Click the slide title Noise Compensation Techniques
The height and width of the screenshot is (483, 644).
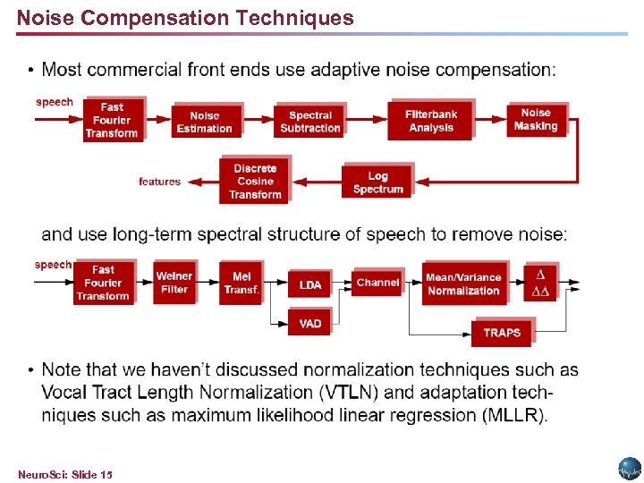tap(185, 18)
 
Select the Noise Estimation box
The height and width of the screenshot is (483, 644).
tap(204, 122)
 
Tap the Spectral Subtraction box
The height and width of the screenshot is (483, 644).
tap(309, 122)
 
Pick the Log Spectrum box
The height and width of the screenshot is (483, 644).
tap(377, 182)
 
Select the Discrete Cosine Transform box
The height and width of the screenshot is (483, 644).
tap(255, 181)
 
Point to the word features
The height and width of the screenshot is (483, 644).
tap(159, 182)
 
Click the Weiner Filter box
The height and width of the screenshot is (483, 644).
tap(174, 283)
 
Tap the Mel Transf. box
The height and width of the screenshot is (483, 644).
tap(241, 283)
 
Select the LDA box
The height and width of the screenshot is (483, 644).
tap(310, 284)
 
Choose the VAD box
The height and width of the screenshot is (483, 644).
tap(310, 323)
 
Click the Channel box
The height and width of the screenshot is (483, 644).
tap(377, 283)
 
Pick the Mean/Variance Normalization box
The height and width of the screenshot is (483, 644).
tap(463, 284)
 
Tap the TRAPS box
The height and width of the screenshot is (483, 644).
tap(501, 333)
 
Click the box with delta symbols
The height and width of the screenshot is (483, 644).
tap(540, 283)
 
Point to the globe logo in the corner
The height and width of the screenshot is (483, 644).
tap(630, 469)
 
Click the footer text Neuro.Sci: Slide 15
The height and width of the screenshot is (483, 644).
tap(65, 473)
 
